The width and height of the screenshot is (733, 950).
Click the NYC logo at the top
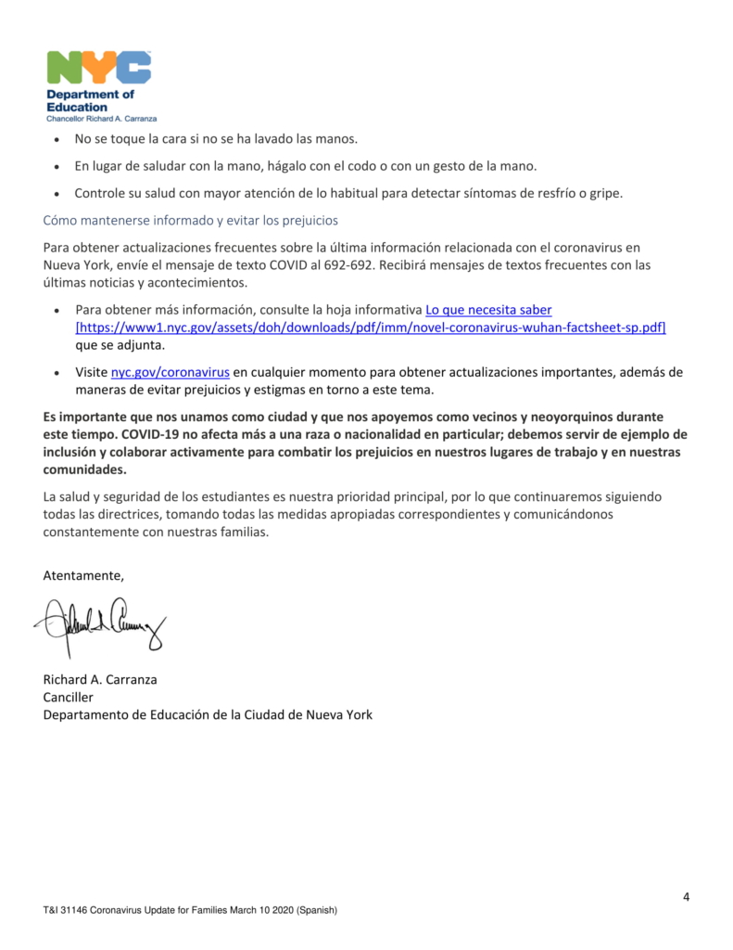click(98, 68)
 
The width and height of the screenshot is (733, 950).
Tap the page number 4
click(686, 896)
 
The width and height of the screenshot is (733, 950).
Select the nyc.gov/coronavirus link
click(171, 372)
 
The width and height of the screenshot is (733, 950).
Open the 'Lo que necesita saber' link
click(488, 309)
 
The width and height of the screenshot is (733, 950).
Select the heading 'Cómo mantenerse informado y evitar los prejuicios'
click(191, 221)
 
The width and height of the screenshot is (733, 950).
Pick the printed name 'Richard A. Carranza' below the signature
click(100, 679)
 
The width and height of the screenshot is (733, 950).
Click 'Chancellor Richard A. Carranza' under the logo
click(102, 119)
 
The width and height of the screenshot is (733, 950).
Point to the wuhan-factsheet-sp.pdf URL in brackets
click(371, 327)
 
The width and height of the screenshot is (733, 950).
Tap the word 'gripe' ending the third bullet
click(601, 193)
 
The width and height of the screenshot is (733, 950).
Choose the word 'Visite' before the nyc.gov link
click(91, 372)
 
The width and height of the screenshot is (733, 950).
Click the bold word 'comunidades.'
click(84, 469)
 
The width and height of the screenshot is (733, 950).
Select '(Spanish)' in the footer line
click(315, 911)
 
